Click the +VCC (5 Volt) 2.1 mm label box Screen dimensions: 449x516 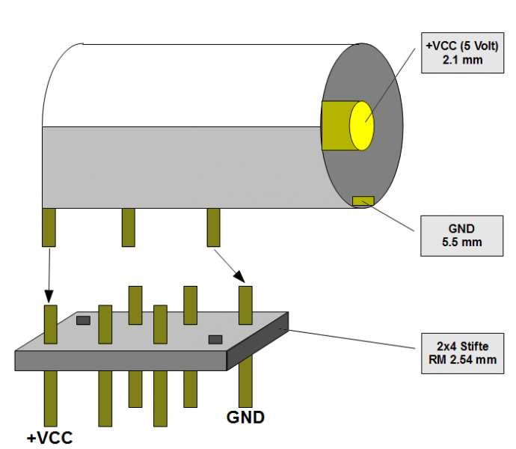point(455,52)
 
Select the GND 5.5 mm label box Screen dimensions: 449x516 point(455,234)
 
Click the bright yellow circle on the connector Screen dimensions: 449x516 point(361,123)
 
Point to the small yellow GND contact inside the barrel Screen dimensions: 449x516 point(363,200)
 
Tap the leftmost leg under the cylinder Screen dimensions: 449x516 point(49,227)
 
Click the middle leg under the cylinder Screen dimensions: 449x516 point(129,227)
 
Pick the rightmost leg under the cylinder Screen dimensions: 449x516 point(213,227)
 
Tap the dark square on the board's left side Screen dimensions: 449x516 point(83,320)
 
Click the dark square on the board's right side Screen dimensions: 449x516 point(215,339)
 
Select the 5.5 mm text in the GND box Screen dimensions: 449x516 point(455,242)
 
